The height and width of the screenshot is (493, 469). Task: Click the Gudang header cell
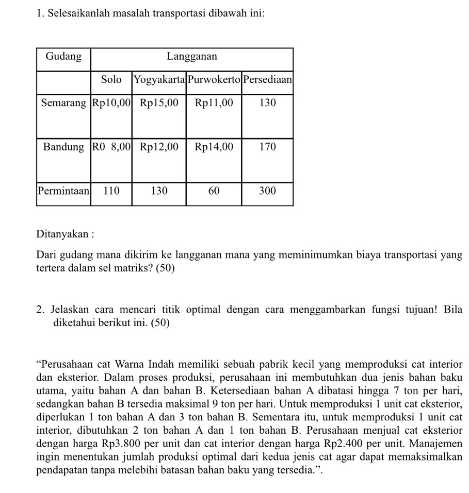pyautogui.click(x=63, y=57)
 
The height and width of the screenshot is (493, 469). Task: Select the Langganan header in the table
pyautogui.click(x=192, y=57)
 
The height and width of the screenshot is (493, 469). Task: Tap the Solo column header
pyautogui.click(x=111, y=79)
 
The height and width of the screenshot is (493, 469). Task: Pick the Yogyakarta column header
pyautogui.click(x=159, y=79)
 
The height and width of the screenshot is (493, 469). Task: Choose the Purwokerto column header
pyautogui.click(x=214, y=79)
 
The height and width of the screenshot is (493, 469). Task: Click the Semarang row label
pyautogui.click(x=63, y=103)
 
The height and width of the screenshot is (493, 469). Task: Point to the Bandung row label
pyautogui.click(x=63, y=147)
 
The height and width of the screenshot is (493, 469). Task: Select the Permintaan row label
pyautogui.click(x=63, y=191)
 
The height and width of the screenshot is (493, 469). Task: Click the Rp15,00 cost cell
pyautogui.click(x=159, y=103)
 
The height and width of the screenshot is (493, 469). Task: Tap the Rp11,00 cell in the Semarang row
pyautogui.click(x=214, y=103)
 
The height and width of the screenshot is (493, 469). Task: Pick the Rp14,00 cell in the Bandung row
pyautogui.click(x=214, y=147)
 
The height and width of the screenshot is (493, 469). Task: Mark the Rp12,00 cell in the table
pyautogui.click(x=159, y=147)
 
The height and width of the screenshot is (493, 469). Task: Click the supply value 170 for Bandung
pyautogui.click(x=267, y=147)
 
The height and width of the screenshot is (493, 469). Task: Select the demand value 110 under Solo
pyautogui.click(x=111, y=191)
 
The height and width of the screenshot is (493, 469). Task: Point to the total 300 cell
pyautogui.click(x=267, y=191)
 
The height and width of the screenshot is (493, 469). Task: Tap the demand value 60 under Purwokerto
pyautogui.click(x=214, y=191)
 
